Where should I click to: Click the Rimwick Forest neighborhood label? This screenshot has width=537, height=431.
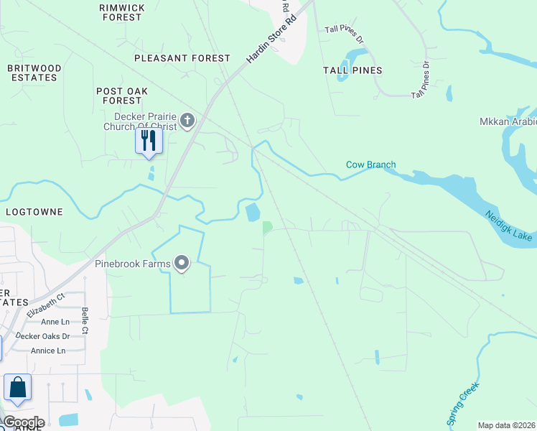122,11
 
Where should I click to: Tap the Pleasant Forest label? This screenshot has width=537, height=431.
182,58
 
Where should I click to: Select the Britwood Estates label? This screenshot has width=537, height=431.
34,73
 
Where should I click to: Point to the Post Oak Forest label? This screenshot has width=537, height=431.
122,96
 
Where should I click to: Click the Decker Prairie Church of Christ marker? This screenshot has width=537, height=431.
187,120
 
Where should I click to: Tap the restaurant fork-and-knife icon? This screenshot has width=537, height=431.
149,140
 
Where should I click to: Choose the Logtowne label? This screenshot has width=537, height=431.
34,213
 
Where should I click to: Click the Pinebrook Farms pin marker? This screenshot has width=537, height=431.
182,264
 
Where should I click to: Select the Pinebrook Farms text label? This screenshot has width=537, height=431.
133,264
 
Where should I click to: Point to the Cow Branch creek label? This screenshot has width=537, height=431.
370,164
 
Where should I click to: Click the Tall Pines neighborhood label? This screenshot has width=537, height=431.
352,70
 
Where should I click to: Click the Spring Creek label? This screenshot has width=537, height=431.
463,404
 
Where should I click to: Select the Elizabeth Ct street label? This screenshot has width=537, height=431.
46,305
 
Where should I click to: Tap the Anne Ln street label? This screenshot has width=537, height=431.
55,323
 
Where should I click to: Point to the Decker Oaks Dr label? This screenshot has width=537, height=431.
43,336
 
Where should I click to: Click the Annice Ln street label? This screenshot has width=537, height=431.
48,351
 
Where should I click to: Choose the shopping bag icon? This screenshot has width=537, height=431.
17,388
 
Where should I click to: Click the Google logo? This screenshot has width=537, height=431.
24,422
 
